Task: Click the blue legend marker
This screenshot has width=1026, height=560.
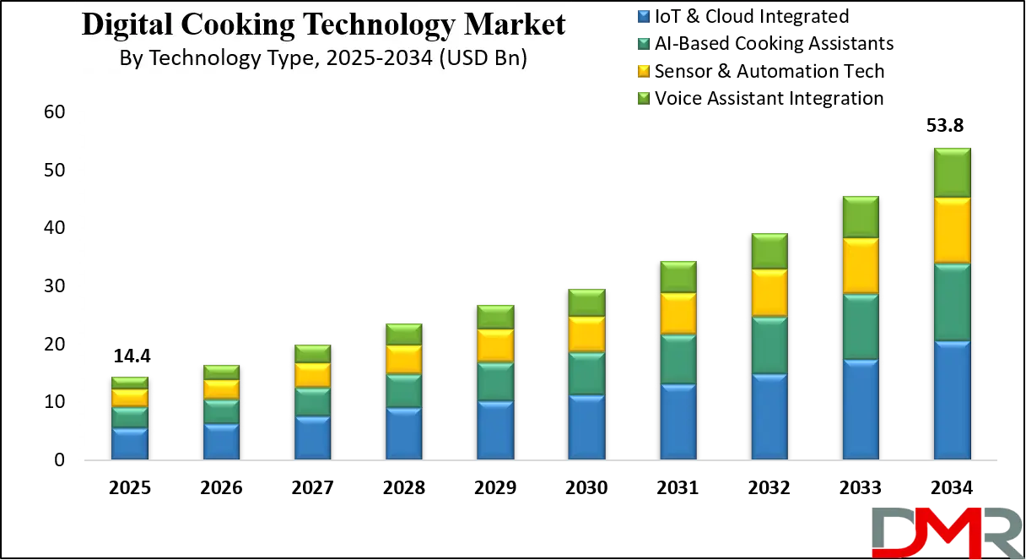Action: (645, 16)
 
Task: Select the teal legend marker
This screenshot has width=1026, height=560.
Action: (645, 43)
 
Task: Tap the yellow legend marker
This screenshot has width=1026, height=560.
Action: (645, 70)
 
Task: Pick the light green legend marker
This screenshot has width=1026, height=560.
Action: (645, 98)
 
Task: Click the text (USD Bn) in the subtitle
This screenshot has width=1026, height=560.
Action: (483, 58)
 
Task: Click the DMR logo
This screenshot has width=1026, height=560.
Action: (946, 532)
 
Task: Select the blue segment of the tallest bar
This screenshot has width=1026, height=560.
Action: (952, 400)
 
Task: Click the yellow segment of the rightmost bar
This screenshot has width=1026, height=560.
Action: (952, 231)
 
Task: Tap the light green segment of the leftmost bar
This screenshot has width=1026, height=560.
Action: (130, 383)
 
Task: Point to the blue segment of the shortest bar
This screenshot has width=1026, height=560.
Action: (130, 443)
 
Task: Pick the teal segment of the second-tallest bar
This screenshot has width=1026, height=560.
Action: (861, 327)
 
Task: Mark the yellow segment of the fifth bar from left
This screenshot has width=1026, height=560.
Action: (495, 345)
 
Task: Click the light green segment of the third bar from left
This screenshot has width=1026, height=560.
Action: (312, 354)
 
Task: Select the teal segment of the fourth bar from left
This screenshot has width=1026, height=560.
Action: (403, 391)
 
